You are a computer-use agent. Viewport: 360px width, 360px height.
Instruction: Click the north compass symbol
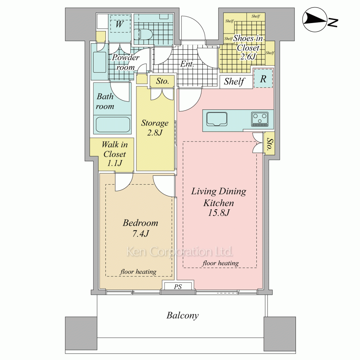pyautogui.click(x=320, y=20)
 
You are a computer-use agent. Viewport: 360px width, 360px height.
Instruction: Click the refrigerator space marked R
pyautogui.click(x=263, y=78)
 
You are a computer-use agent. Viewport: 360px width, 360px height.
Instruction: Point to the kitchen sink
pyautogui.click(x=217, y=119)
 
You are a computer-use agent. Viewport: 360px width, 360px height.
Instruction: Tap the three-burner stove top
pyautogui.click(x=260, y=119)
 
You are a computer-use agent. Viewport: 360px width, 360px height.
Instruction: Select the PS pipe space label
pyautogui.click(x=178, y=287)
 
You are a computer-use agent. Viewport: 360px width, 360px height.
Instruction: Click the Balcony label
pyautogui.click(x=183, y=316)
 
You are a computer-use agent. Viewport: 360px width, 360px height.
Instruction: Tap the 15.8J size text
pyautogui.click(x=219, y=213)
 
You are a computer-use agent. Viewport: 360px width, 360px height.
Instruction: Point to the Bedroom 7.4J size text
pyautogui.click(x=140, y=234)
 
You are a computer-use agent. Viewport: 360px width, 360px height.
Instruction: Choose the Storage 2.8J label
pyautogui.click(x=155, y=128)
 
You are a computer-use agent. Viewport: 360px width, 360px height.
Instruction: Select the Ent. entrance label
pyautogui.click(x=187, y=64)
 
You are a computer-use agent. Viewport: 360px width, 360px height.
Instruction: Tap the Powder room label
pyautogui.click(x=126, y=62)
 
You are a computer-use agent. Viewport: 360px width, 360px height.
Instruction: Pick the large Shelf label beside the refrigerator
pyautogui.click(x=234, y=81)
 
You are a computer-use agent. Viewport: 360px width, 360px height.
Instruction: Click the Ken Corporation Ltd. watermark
pyautogui.click(x=180, y=252)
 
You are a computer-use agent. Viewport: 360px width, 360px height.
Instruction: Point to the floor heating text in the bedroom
pyautogui.click(x=138, y=272)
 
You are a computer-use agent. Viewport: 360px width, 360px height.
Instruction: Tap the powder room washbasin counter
pyautogui.click(x=100, y=62)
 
